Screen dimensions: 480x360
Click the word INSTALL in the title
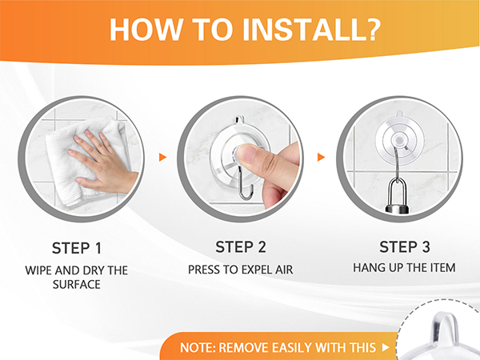(302, 30)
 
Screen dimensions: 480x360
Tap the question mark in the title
(370, 30)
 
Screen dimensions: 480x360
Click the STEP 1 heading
(77, 248)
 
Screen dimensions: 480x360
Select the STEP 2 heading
(241, 247)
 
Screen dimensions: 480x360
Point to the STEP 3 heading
(405, 247)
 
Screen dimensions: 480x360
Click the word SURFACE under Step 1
(77, 285)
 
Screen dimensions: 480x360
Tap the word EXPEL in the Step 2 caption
(254, 270)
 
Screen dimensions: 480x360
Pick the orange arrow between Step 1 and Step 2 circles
(162, 158)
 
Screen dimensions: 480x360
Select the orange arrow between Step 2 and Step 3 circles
(321, 158)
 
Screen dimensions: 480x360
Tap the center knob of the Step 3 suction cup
(399, 140)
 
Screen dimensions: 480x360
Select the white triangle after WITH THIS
(386, 347)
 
